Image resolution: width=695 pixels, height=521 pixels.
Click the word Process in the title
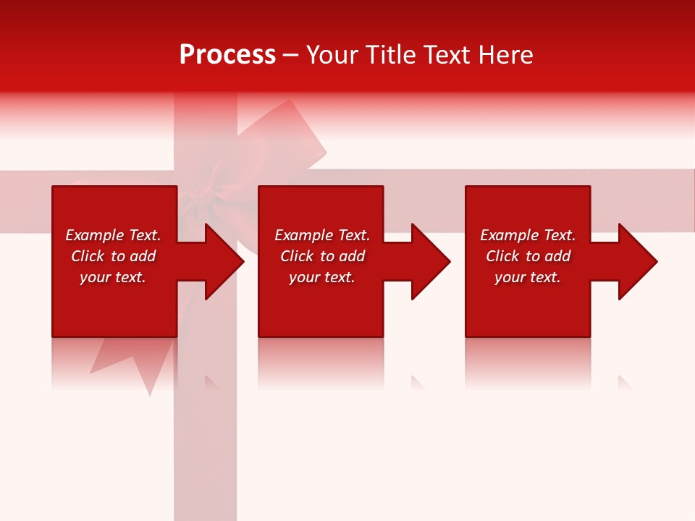[x=227, y=55]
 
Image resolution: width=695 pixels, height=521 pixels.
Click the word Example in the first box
[x=95, y=235]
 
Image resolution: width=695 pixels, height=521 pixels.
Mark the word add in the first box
[x=143, y=256]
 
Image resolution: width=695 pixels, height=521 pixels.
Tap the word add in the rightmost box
[x=557, y=256]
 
